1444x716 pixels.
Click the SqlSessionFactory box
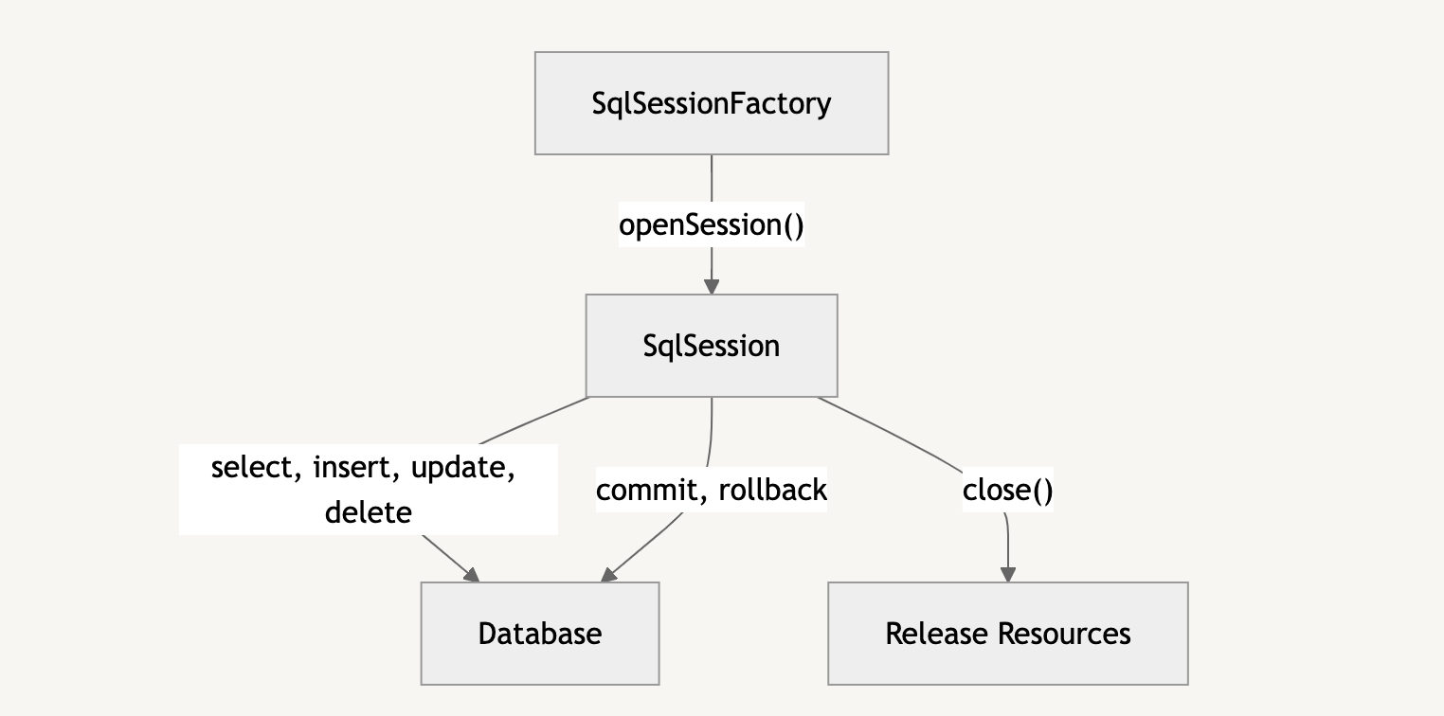click(712, 103)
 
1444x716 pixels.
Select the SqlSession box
click(712, 346)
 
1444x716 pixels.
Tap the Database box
click(540, 634)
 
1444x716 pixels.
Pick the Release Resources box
click(1007, 634)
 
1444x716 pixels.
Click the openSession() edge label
click(712, 225)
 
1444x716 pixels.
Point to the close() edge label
click(1007, 491)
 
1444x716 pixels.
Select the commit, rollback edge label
click(712, 490)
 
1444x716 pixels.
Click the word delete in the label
click(368, 512)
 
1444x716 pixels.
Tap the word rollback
click(772, 490)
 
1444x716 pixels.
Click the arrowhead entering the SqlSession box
click(712, 287)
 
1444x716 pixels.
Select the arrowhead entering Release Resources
click(1007, 575)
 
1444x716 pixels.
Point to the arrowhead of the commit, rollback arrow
click(609, 574)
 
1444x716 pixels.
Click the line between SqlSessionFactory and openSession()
click(712, 178)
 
